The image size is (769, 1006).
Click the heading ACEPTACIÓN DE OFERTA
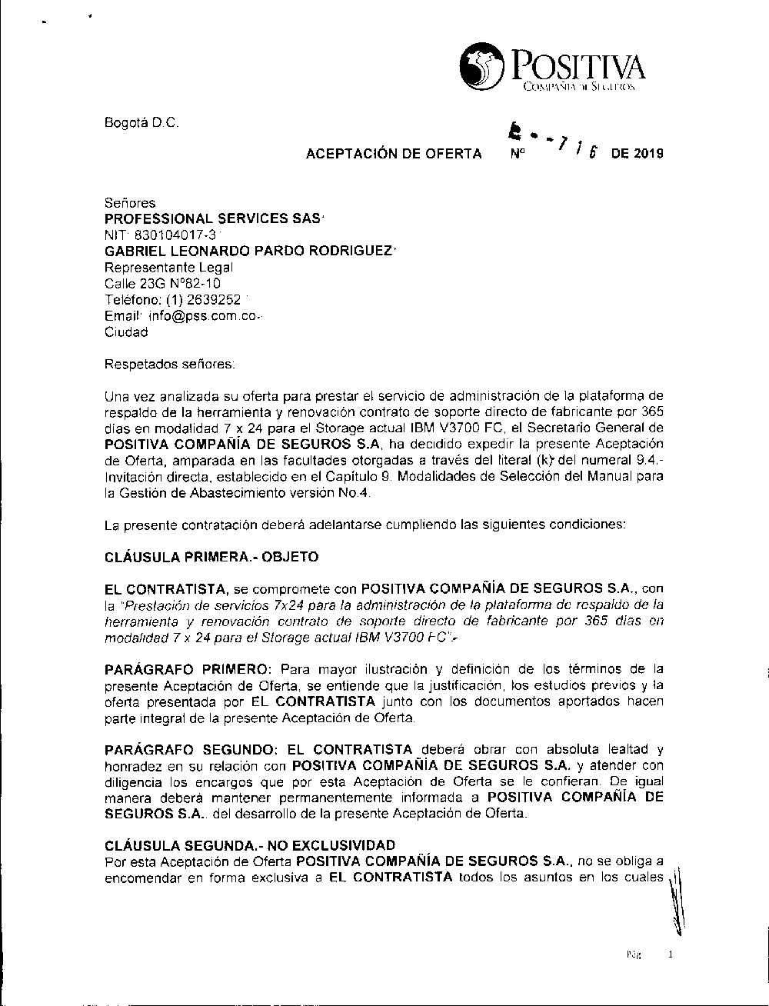pos(394,154)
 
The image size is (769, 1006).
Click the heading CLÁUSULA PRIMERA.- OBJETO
pos(211,556)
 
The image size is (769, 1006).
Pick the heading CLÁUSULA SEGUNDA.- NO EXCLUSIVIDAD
pos(250,844)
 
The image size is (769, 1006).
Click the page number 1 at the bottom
pos(671,955)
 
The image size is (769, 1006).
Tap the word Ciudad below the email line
pos(127,332)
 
